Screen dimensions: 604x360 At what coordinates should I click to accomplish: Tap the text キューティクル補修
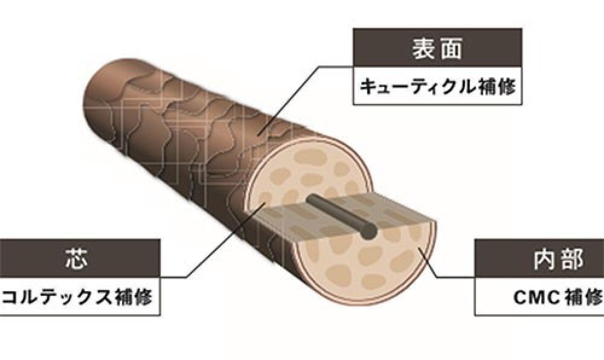(437, 86)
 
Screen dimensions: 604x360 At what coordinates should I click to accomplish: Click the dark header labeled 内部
(539, 258)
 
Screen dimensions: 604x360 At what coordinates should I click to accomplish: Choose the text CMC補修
(558, 297)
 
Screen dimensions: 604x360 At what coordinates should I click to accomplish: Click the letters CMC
(536, 297)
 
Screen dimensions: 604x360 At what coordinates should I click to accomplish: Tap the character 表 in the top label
(424, 48)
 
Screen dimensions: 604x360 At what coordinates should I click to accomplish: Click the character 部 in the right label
(572, 259)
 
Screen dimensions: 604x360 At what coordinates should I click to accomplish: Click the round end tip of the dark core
(369, 231)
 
